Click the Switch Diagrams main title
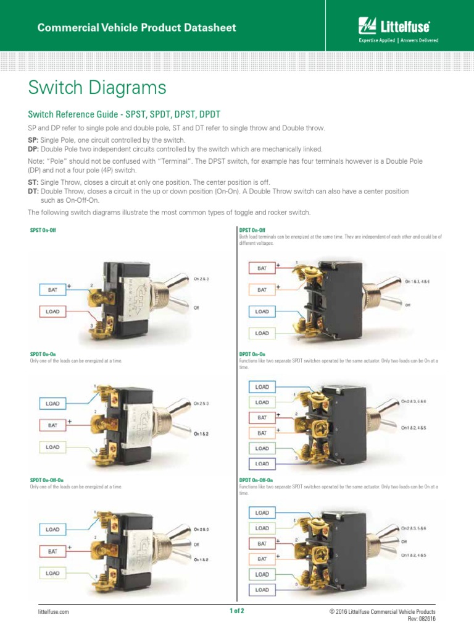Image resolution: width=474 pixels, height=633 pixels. pyautogui.click(x=97, y=88)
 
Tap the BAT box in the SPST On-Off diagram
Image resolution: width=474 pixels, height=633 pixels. pyautogui.click(x=52, y=289)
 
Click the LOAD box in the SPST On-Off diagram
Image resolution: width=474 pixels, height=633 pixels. pyautogui.click(x=52, y=312)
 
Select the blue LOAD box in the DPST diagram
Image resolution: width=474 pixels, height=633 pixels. pyautogui.click(x=262, y=312)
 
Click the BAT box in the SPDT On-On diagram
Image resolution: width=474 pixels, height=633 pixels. pyautogui.click(x=52, y=425)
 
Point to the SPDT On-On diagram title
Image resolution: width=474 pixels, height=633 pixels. pyautogui.click(x=43, y=355)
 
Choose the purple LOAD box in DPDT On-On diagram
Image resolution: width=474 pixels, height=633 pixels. pyautogui.click(x=262, y=463)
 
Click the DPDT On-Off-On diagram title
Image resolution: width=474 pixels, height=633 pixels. pyautogui.click(x=256, y=480)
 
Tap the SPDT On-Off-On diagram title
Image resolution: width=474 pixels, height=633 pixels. pyautogui.click(x=47, y=480)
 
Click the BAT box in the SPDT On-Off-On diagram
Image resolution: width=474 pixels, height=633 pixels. pyautogui.click(x=52, y=551)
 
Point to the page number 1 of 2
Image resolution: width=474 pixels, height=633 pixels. pyautogui.click(x=237, y=611)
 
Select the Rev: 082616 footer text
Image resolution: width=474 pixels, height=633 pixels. pyautogui.click(x=422, y=619)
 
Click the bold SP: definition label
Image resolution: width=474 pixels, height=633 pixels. pyautogui.click(x=33, y=141)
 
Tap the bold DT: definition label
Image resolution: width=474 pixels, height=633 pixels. pyautogui.click(x=33, y=192)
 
